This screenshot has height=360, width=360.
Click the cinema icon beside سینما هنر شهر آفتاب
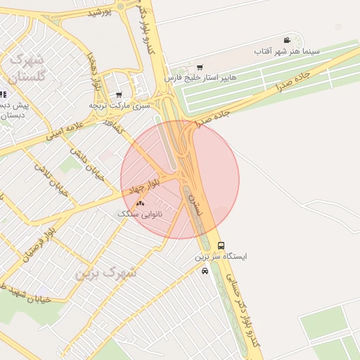tap(287, 40)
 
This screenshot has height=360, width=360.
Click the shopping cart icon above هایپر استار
tap(200, 67)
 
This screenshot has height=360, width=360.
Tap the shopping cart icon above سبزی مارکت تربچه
tap(119, 94)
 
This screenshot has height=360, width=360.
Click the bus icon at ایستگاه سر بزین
tap(221, 246)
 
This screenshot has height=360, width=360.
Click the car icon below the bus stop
tap(205, 271)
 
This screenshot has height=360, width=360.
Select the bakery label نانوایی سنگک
tap(139, 213)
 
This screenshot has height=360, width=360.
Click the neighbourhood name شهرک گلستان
tap(29, 67)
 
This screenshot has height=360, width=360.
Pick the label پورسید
tap(100, 12)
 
